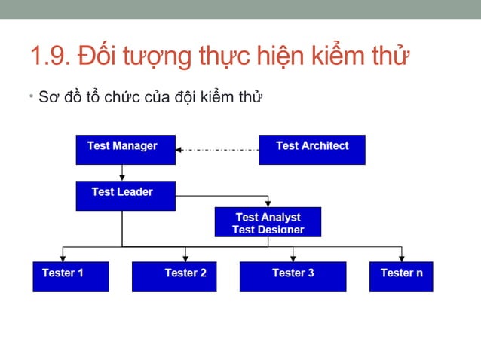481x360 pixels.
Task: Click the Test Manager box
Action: [125, 149]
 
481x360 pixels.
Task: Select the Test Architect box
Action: [311, 149]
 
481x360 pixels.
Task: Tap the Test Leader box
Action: [125, 195]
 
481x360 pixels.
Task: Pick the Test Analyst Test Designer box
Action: [268, 221]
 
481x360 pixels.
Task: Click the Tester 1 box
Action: [70, 276]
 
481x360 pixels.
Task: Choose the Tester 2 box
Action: [173, 276]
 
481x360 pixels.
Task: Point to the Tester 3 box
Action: [293, 276]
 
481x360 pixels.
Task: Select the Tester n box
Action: [400, 276]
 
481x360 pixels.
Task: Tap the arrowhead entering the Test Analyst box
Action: [268, 203]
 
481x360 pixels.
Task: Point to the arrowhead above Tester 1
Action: [63, 257]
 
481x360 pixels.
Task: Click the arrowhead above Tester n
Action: [401, 257]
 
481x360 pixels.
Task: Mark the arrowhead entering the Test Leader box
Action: [123, 177]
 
